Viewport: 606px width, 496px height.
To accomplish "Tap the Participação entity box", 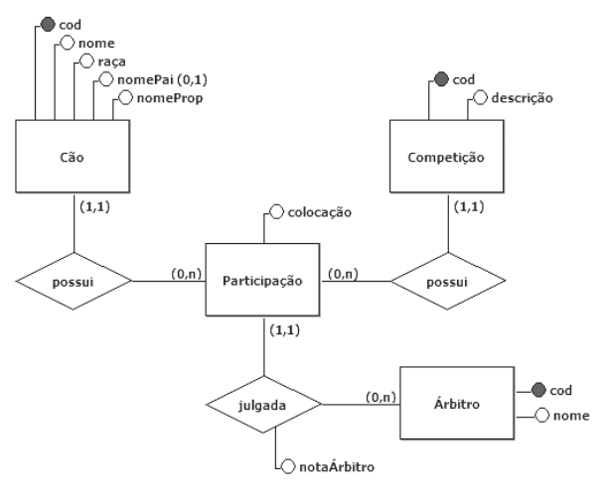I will click(x=262, y=281).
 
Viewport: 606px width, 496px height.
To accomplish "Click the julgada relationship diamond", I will click(x=262, y=404).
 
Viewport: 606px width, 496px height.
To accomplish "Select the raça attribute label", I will click(x=114, y=62).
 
